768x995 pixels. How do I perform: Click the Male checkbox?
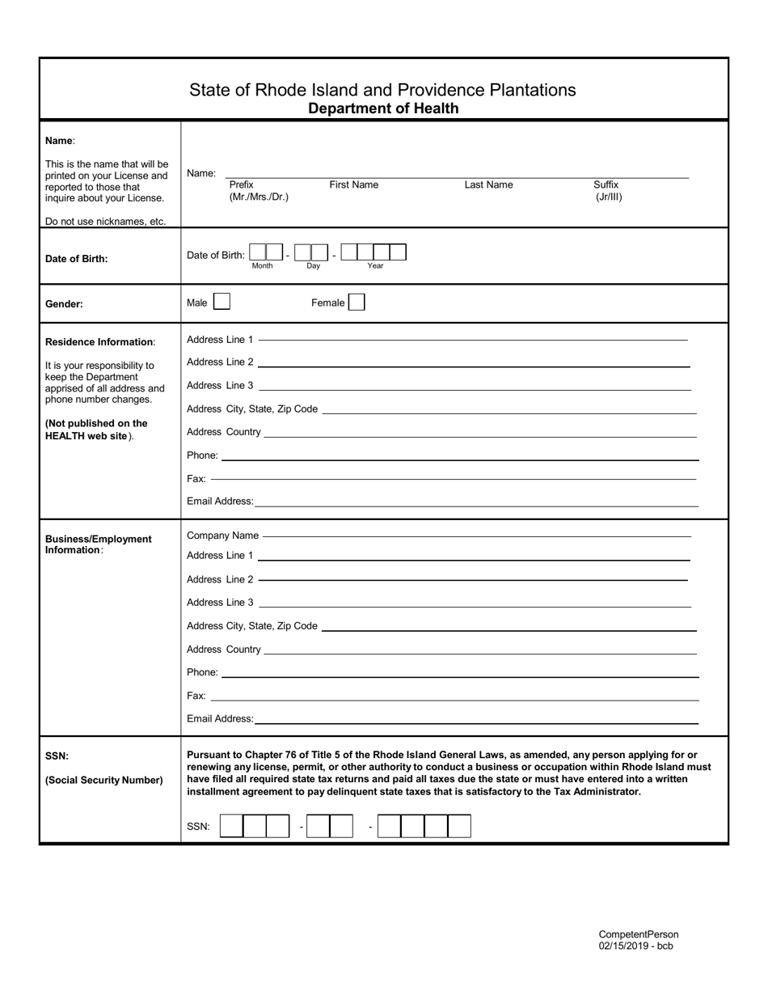pyautogui.click(x=222, y=303)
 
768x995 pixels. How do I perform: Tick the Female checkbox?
pyautogui.click(x=357, y=303)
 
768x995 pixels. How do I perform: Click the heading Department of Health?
pyautogui.click(x=383, y=108)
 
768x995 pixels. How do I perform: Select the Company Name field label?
pyautogui.click(x=222, y=536)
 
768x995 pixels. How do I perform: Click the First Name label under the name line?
pyautogui.click(x=353, y=184)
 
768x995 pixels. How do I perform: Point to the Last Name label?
pyautogui.click(x=488, y=184)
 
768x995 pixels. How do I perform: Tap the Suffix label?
pyautogui.click(x=606, y=184)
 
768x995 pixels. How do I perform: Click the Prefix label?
pyautogui.click(x=241, y=184)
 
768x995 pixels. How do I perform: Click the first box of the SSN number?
pyautogui.click(x=231, y=826)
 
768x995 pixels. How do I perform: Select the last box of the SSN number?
pyautogui.click(x=459, y=826)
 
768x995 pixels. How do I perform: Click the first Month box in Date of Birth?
pyautogui.click(x=258, y=252)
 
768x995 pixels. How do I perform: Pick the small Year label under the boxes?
pyautogui.click(x=375, y=266)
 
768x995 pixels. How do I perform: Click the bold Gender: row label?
pyautogui.click(x=64, y=304)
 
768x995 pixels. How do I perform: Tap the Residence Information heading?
pyautogui.click(x=99, y=342)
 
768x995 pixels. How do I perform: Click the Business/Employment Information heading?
pyautogui.click(x=98, y=544)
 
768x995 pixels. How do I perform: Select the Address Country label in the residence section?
pyautogui.click(x=223, y=432)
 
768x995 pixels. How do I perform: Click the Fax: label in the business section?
pyautogui.click(x=196, y=696)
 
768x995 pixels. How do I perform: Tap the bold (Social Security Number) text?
pyautogui.click(x=103, y=781)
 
